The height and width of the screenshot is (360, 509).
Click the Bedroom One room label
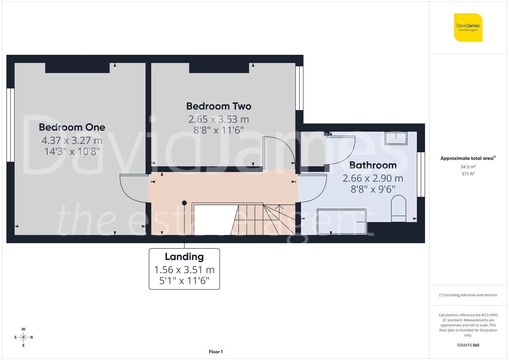click(72, 127)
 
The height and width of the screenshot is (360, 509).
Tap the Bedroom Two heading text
click(219, 106)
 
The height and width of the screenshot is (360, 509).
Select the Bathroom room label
click(373, 165)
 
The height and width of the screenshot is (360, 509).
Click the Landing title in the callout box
click(184, 256)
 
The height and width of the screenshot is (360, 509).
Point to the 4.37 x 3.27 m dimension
click(72, 140)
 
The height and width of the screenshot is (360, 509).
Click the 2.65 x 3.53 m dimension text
click(219, 119)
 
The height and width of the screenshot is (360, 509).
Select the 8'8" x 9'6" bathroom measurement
click(373, 189)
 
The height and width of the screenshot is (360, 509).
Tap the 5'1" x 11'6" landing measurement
click(184, 281)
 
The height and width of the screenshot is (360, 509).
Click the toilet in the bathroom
click(398, 209)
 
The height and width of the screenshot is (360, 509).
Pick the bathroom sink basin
click(396, 138)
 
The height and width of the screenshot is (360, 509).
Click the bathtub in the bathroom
click(342, 221)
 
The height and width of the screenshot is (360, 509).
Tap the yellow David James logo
click(468, 28)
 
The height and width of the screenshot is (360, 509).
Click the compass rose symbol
click(23, 337)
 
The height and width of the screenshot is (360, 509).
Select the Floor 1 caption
click(216, 352)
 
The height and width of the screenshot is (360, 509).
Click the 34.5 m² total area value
click(468, 167)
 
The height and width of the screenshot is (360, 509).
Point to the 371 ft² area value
click(468, 174)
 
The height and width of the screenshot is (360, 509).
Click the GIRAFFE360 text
click(468, 345)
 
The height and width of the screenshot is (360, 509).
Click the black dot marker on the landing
click(184, 203)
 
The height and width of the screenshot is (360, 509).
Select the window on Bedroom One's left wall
click(10, 125)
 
